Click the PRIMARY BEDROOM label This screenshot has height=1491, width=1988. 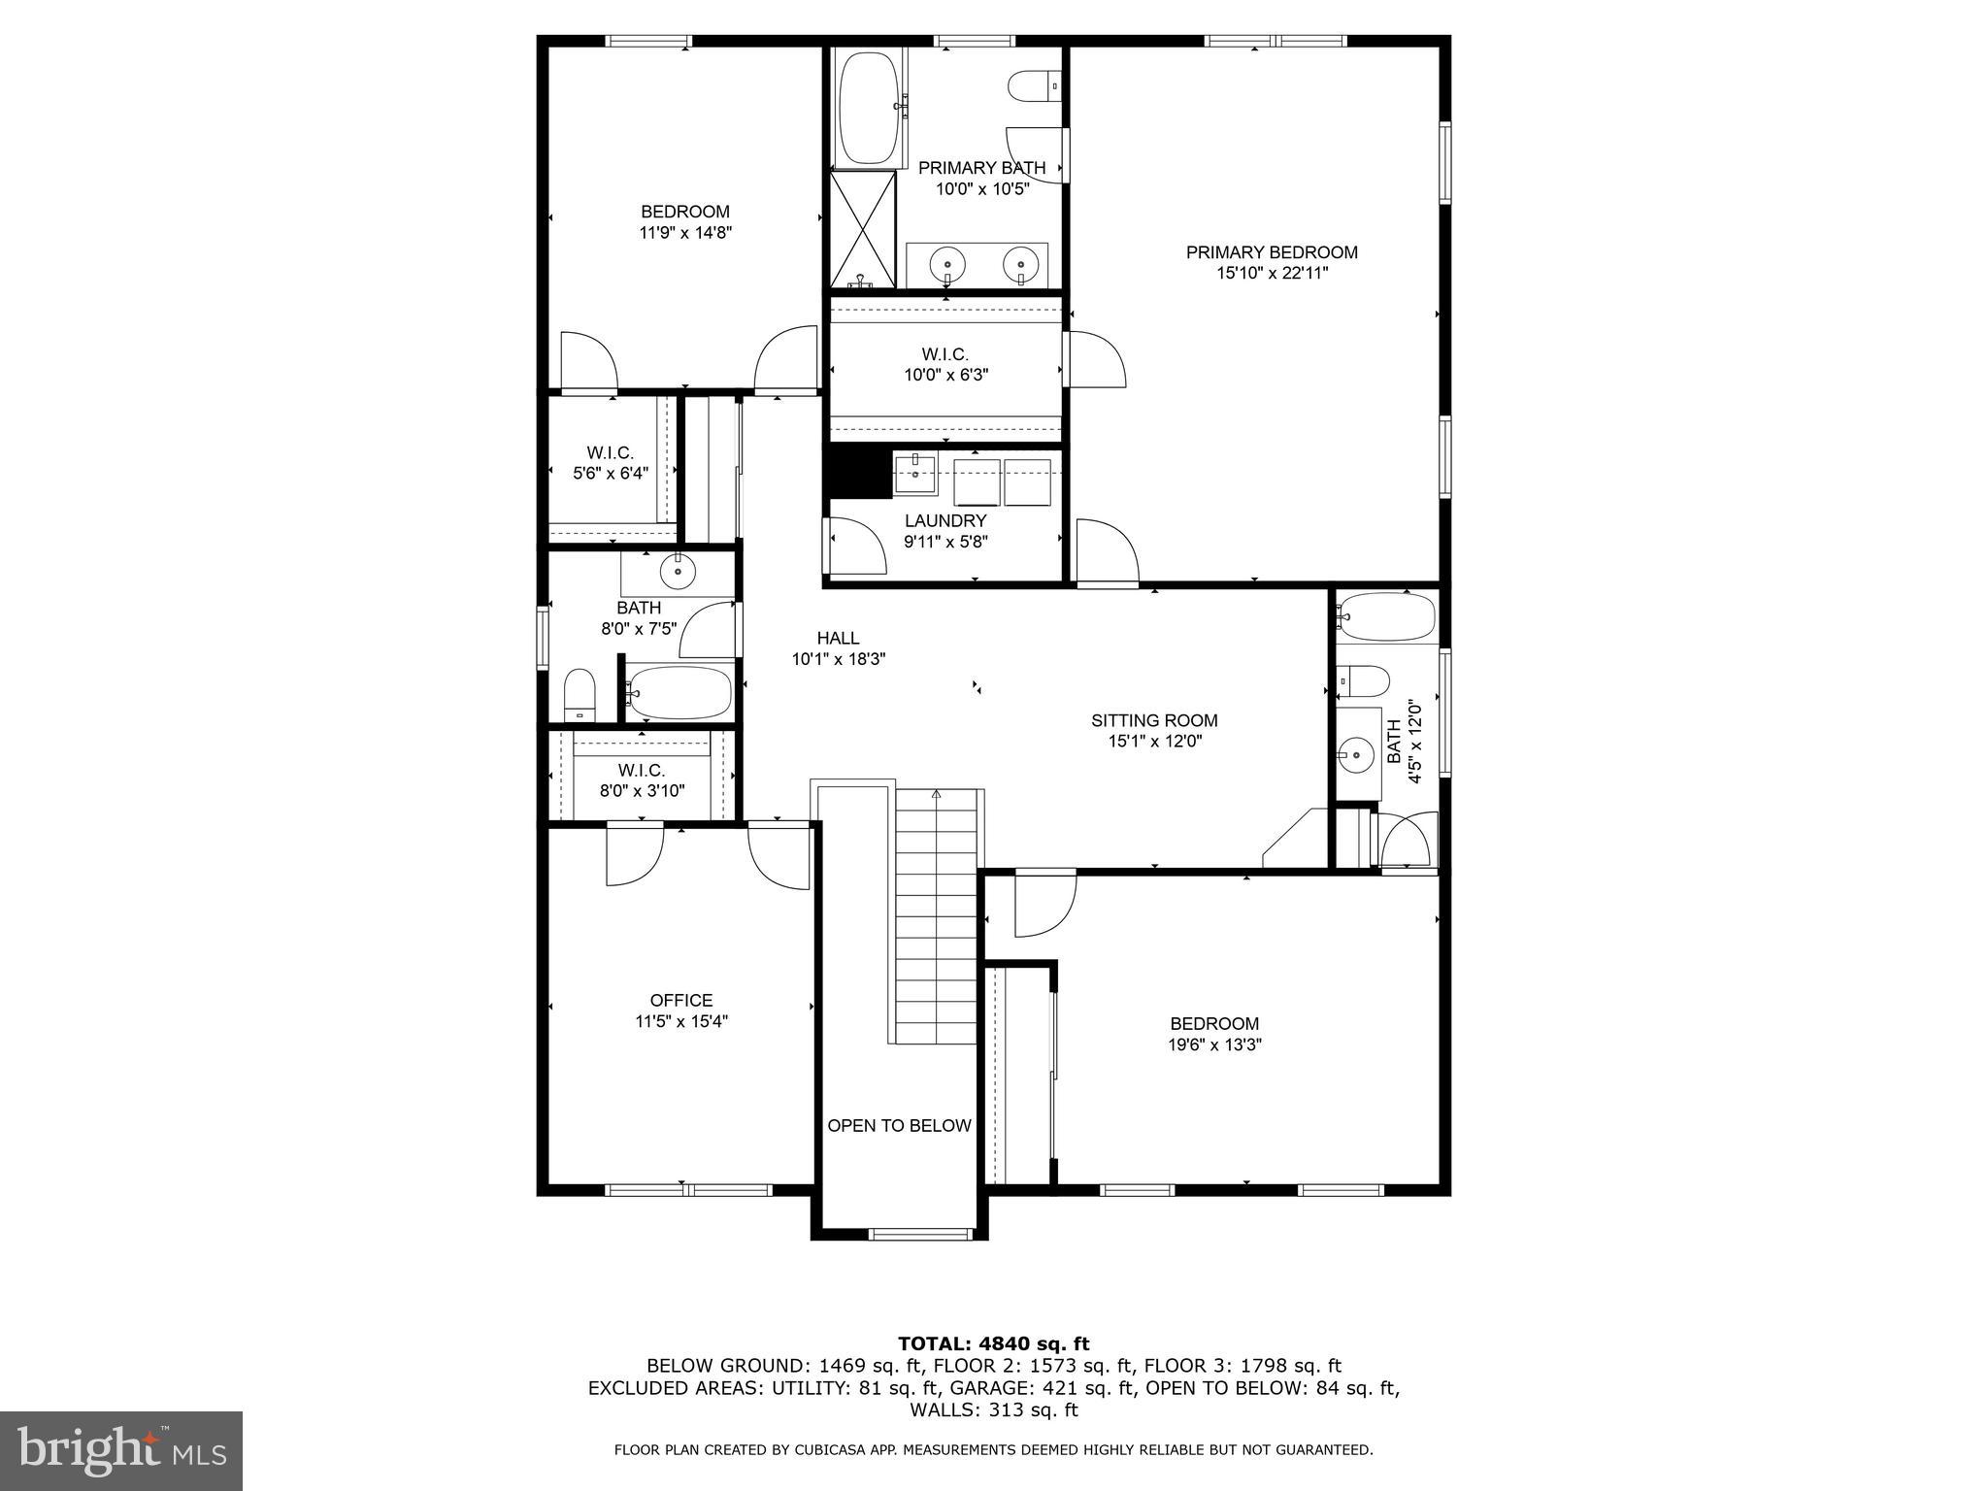click(1272, 252)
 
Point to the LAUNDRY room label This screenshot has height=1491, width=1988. click(945, 521)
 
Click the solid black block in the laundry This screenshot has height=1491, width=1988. click(857, 473)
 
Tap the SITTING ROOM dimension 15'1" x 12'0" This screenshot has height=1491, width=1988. click(1154, 742)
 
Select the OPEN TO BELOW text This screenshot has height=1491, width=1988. click(899, 1126)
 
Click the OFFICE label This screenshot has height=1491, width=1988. click(681, 1000)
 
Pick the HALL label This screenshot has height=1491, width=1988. click(838, 638)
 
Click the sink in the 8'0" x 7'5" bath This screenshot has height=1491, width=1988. click(678, 572)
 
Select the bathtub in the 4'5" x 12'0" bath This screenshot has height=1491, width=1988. click(1386, 617)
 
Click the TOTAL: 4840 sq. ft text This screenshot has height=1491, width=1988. click(993, 1343)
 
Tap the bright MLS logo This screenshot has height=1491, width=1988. click(121, 1450)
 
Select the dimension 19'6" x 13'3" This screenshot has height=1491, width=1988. click(1214, 1044)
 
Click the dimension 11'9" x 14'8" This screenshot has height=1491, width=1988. click(684, 233)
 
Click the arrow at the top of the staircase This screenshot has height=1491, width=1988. click(937, 794)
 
